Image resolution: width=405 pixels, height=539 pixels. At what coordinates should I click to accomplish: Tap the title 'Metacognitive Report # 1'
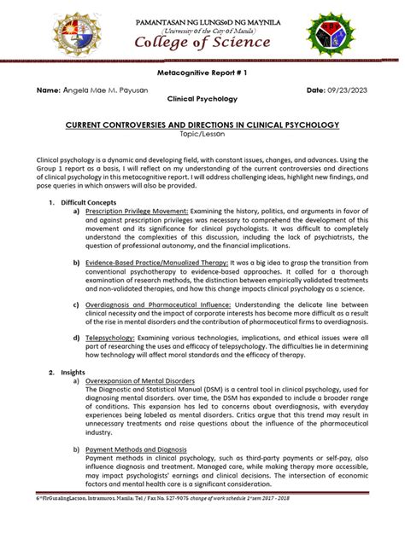[x=202, y=76]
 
